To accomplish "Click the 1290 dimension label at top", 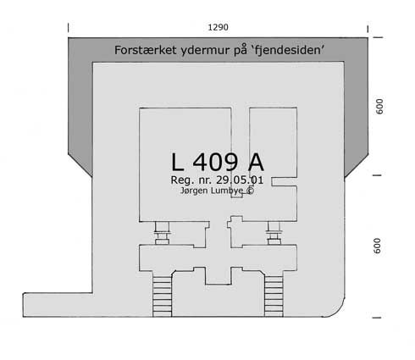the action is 218,27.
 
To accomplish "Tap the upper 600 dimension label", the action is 379,106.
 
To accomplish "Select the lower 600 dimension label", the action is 377,246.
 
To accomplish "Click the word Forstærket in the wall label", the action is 146,50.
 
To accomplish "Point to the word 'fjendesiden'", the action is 287,50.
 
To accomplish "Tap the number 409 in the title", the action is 215,162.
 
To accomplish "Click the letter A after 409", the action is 256,162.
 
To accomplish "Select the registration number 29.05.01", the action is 240,180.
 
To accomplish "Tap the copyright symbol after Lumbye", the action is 250,191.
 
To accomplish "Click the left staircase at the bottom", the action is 162,296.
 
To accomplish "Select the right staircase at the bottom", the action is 274,296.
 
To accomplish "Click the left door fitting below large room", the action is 162,233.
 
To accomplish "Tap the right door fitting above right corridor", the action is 274,233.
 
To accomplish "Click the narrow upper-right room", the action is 273,142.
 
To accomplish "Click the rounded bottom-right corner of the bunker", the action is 336,310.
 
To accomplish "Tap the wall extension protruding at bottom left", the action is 58,305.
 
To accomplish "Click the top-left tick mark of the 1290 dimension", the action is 69,28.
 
